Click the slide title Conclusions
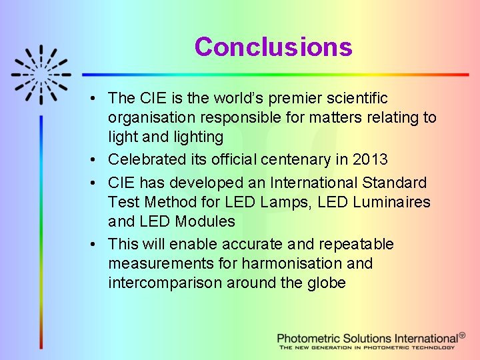(273, 47)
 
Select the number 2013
(370, 160)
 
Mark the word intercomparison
(165, 283)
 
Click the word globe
(327, 283)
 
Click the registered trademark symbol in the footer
(462, 337)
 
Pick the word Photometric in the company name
(311, 339)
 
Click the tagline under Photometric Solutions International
(367, 348)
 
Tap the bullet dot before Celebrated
(97, 160)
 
